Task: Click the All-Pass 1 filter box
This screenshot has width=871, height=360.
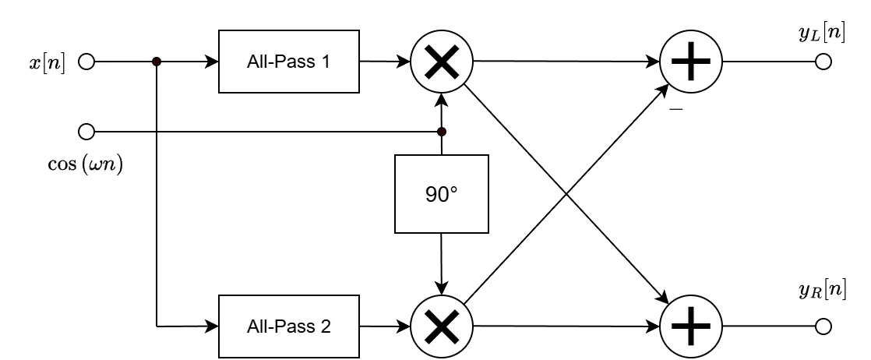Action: (x=289, y=62)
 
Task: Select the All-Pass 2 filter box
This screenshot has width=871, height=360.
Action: (x=289, y=326)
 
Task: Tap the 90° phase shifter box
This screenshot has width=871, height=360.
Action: (x=442, y=194)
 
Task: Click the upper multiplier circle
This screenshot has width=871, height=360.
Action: (x=442, y=62)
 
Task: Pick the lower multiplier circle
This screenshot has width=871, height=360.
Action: (x=442, y=325)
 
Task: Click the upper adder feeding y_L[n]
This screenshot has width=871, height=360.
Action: (x=691, y=62)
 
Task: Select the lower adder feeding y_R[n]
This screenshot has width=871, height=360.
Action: (x=691, y=326)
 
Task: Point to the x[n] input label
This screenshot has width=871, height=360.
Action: (x=48, y=62)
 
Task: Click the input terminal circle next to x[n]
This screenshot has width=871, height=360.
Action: (x=86, y=62)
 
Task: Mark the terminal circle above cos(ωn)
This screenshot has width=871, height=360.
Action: (x=86, y=131)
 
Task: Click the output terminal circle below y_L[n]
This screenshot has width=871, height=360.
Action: (x=823, y=62)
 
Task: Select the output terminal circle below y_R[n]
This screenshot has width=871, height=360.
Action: (x=823, y=326)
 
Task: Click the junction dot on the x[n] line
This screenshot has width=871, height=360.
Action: (x=157, y=62)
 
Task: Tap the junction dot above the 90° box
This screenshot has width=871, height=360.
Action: (x=442, y=131)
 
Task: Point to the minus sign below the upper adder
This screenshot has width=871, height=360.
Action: (x=676, y=111)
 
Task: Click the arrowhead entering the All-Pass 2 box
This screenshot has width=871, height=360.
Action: (x=212, y=326)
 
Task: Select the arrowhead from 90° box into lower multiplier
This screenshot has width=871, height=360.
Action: (x=442, y=287)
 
